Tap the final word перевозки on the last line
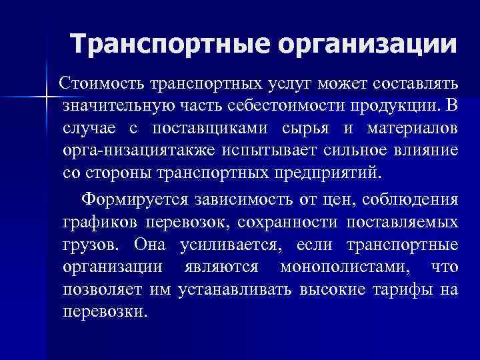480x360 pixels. point(103,311)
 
